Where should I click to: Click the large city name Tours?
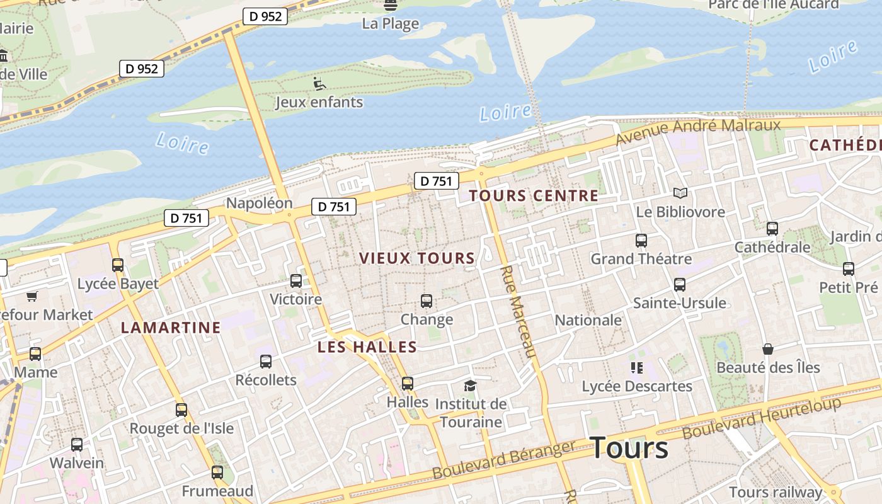tap(629, 448)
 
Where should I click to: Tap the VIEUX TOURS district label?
tap(417, 258)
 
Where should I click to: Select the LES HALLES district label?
tap(367, 347)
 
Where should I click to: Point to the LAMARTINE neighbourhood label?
tap(171, 328)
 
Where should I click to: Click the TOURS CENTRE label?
tap(534, 196)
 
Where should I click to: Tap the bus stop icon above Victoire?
tap(296, 281)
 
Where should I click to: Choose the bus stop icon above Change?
tap(427, 301)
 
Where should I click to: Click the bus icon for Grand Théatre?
tap(641, 241)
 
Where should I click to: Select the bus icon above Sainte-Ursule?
tap(679, 285)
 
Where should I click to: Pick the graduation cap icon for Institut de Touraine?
tap(470, 386)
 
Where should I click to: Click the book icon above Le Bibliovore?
tap(680, 193)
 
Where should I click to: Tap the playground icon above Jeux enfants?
tap(319, 83)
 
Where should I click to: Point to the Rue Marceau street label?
tap(518, 311)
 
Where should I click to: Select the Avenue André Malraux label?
tap(699, 130)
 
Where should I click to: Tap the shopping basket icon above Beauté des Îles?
tap(768, 349)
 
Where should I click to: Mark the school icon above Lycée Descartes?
tap(636, 367)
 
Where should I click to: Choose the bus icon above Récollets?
tap(266, 362)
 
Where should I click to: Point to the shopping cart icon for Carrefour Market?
tap(32, 296)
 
